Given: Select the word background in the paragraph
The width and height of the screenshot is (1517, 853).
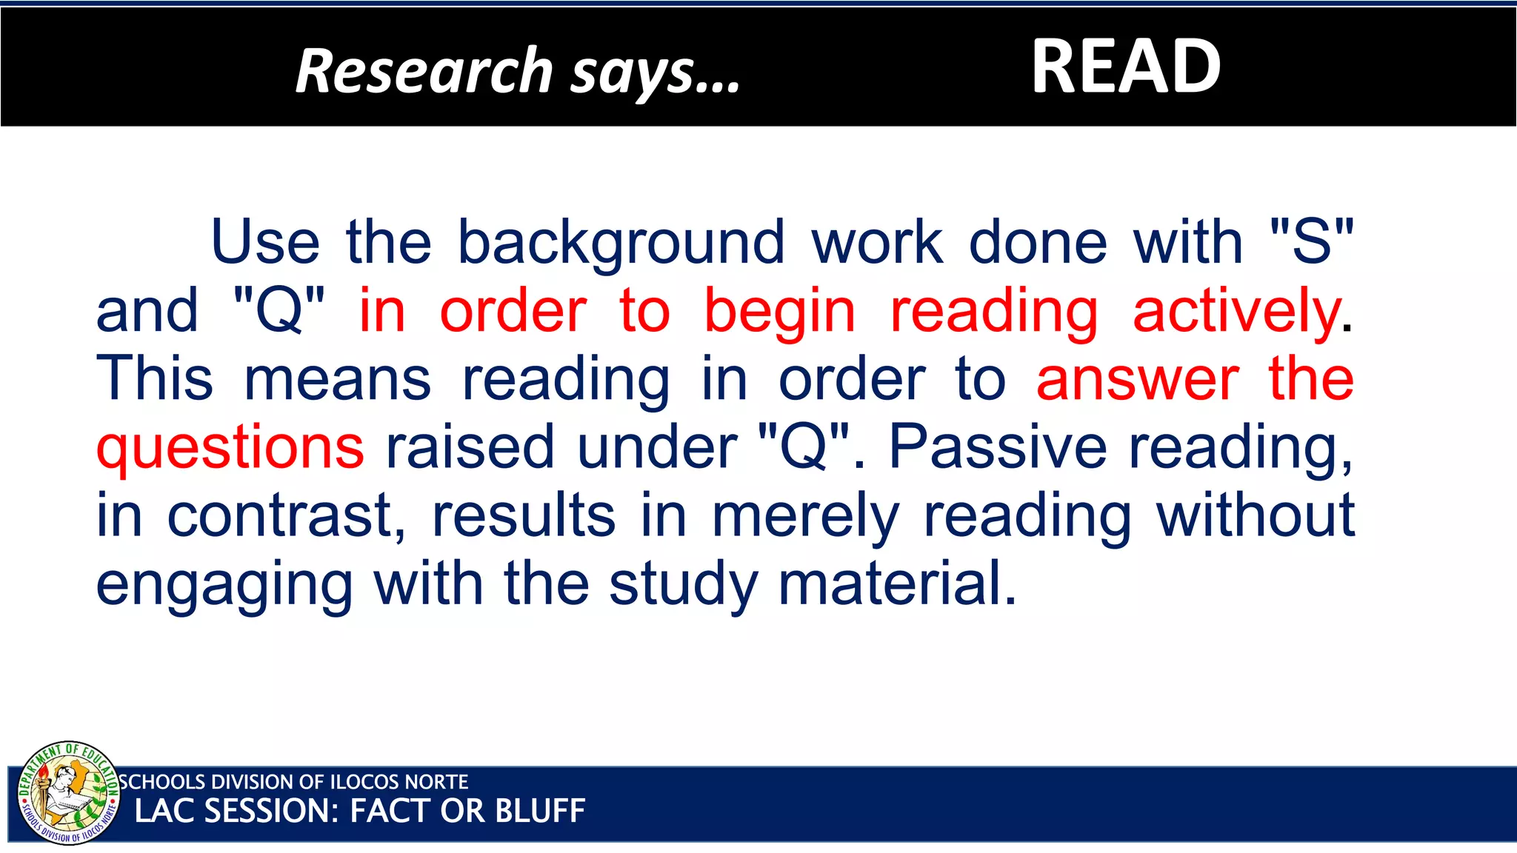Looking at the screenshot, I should point(621,243).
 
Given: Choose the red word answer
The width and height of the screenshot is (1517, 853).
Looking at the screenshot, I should point(1137,379).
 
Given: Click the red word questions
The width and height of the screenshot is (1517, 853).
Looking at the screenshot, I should point(230,449).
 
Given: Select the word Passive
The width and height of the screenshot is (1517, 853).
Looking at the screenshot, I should point(997,447).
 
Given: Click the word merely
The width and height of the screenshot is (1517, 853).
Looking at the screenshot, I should point(805,516).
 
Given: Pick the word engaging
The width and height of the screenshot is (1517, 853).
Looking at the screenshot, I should point(224,586).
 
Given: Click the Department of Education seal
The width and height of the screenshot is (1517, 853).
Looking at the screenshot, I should point(68,792).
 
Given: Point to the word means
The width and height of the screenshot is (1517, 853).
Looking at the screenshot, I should point(337,379).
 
